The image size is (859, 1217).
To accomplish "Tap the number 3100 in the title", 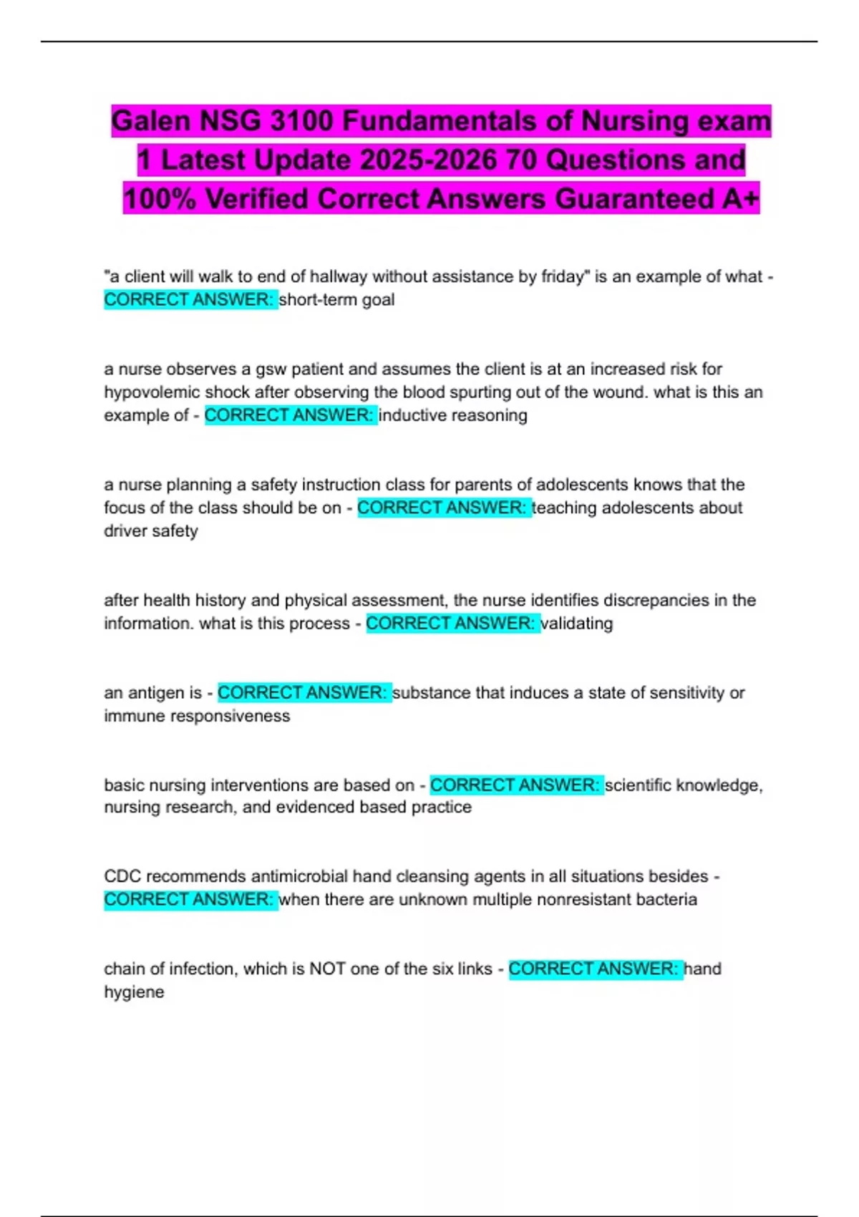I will pos(301,121).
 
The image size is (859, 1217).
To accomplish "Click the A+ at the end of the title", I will pos(739,199).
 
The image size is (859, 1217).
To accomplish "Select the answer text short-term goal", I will pos(336,299).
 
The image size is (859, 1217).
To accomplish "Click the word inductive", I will pos(411,415).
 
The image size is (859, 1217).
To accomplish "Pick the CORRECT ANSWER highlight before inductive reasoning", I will pos(290,415).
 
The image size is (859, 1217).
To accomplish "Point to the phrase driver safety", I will pos(151,530).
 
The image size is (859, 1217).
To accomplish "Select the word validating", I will pos(577,624).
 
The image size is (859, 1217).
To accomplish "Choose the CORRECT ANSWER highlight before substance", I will pos(304,693).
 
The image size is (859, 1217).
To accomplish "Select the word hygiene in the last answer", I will pos(134,992).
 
